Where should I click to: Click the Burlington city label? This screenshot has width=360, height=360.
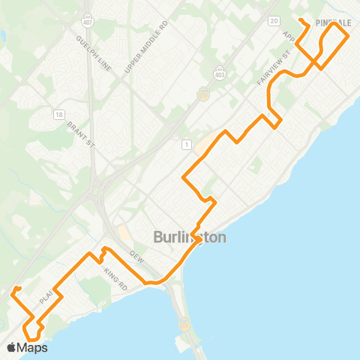tap(190, 238)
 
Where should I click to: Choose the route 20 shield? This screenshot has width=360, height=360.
tap(274, 20)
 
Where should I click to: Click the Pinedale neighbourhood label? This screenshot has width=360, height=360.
tap(333, 23)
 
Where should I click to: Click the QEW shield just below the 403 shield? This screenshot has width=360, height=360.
tap(202, 95)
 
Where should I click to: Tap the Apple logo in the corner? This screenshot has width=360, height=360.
tap(11, 347)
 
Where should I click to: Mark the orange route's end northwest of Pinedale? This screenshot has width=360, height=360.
tap(300, 19)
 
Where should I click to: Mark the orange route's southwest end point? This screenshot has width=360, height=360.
tap(15, 288)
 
